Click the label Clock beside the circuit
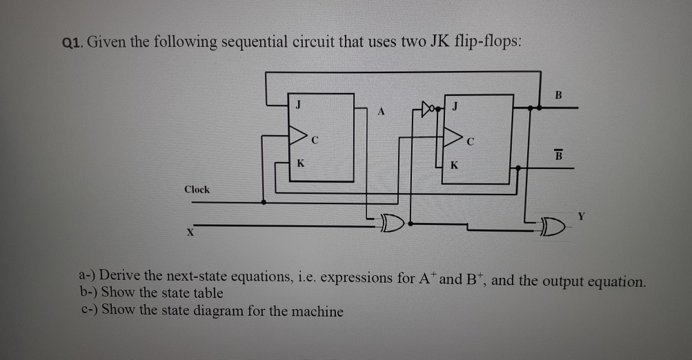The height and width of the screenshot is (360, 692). click(197, 189)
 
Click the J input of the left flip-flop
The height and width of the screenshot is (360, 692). click(298, 106)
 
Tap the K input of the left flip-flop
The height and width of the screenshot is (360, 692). click(299, 164)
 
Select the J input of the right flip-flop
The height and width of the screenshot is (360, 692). click(455, 107)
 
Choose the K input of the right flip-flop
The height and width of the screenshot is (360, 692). click(453, 166)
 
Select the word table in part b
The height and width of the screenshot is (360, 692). click(206, 292)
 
